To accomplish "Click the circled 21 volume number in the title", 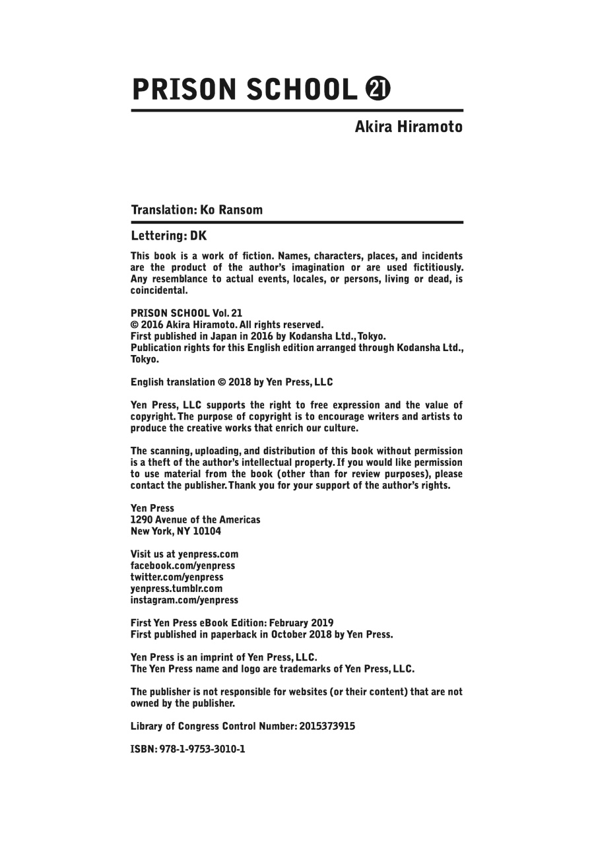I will [x=378, y=88].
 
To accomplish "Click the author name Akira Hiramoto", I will [x=409, y=127].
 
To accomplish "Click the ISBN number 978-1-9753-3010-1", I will [x=203, y=750].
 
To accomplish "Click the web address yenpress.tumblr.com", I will [x=176, y=589].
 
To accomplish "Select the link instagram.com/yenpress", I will [x=184, y=600].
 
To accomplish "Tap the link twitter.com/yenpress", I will [x=177, y=577].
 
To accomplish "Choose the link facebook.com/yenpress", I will [x=183, y=566].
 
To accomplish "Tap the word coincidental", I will [x=159, y=290].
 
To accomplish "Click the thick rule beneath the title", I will [x=297, y=110].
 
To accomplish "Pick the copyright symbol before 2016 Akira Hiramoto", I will [x=135, y=325].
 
